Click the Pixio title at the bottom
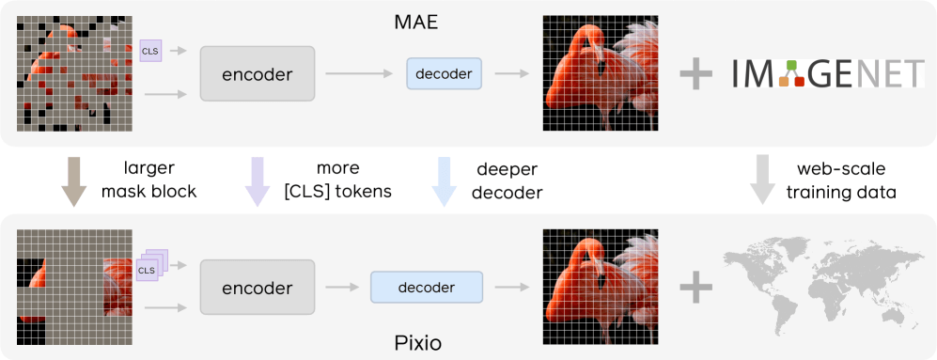coord(414,342)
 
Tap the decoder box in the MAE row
coord(444,73)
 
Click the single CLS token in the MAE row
coord(149,51)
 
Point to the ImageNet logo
coord(827,74)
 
